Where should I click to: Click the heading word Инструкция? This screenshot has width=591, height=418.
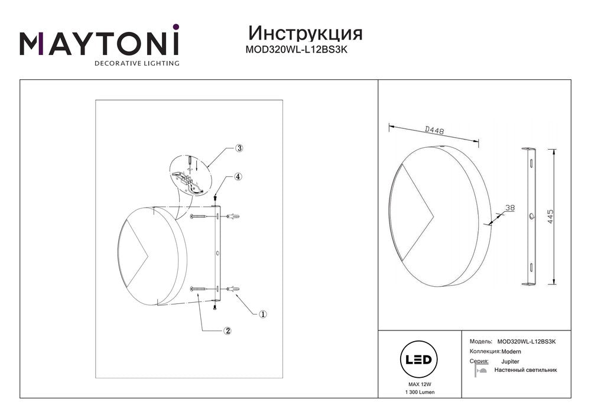(x=306, y=34)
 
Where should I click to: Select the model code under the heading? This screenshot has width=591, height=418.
(x=296, y=50)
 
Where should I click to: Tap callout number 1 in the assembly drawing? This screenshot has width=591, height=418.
(x=263, y=314)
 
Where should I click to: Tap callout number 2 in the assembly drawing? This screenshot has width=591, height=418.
(x=227, y=331)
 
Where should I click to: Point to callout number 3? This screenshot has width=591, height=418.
(x=239, y=148)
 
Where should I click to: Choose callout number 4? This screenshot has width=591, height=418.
(x=238, y=176)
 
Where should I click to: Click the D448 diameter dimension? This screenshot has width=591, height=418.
(x=434, y=131)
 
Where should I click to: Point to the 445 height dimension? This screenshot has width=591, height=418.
(x=550, y=217)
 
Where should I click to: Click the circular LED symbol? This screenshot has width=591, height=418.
(x=418, y=359)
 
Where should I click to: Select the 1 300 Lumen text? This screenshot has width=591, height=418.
(x=420, y=393)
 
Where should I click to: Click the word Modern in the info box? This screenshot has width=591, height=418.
(x=511, y=352)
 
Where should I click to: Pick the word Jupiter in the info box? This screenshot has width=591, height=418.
(x=510, y=362)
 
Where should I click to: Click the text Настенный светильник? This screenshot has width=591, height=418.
(x=525, y=370)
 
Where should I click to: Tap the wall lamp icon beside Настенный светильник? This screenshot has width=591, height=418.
(x=480, y=370)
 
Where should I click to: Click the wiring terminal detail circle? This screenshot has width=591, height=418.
(x=189, y=176)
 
